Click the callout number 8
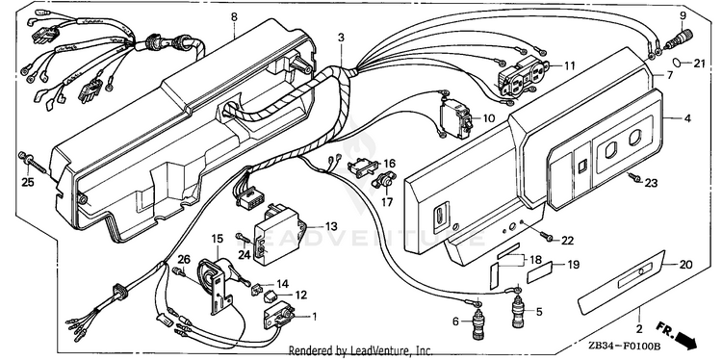(x=234, y=17)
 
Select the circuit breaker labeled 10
(x=455, y=118)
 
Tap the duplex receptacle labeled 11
(x=521, y=77)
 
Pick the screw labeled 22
(x=547, y=237)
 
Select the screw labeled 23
(x=635, y=177)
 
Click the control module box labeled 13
(x=278, y=235)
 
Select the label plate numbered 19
(x=539, y=272)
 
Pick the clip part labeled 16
(x=363, y=167)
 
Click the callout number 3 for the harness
(x=341, y=38)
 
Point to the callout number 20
(x=686, y=265)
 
